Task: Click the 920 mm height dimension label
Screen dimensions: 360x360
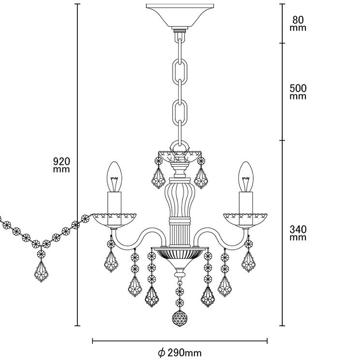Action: (61, 165)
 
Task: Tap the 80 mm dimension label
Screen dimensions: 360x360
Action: (298, 24)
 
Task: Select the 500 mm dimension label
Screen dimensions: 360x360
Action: (298, 92)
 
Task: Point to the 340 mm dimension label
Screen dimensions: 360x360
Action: (298, 233)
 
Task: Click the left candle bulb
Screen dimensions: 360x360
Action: (115, 177)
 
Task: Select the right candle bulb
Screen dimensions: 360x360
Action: (245, 177)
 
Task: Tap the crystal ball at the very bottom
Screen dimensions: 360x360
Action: (180, 319)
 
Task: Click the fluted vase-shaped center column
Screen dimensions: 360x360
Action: (180, 198)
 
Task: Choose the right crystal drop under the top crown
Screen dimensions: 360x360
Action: (201, 179)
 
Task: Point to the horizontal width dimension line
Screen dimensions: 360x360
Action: (180, 341)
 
